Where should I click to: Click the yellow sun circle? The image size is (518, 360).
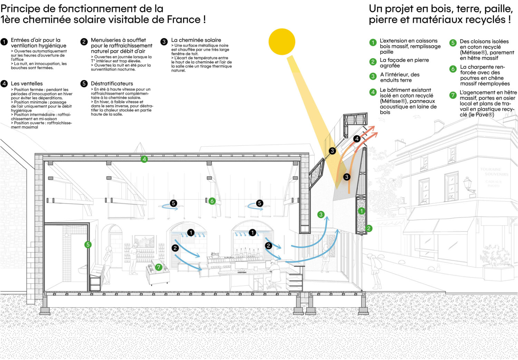pos(282,42)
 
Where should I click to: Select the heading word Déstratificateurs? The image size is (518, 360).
pos(112,84)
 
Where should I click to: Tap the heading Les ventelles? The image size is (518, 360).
pos(27,84)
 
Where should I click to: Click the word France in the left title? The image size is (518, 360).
pos(183,20)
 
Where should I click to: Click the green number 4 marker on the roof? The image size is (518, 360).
pos(144,159)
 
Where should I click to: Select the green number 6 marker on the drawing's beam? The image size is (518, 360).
pos(212,201)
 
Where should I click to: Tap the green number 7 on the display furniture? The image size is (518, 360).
pos(159,267)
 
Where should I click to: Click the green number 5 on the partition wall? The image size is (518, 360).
pos(88,245)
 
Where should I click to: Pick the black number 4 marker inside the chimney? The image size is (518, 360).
pos(357,139)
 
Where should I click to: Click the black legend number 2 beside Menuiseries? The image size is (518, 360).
pos(84,42)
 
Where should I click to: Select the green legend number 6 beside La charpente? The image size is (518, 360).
pos(453,69)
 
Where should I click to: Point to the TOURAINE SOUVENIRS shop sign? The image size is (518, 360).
pos(494,172)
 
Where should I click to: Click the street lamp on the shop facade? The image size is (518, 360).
pos(468,184)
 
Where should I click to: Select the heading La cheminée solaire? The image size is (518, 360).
pos(196,40)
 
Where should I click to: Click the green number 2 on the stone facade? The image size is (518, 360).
pos(369,228)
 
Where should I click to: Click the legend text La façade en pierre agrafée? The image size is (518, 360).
pos(404,63)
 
